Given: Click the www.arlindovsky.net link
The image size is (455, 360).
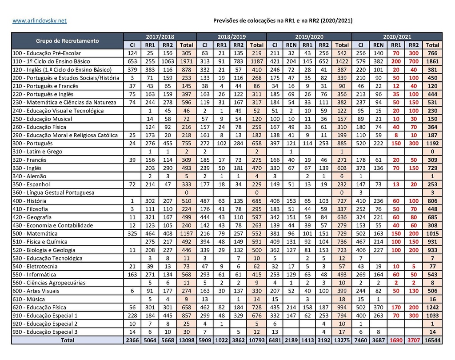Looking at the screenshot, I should coord(40,21).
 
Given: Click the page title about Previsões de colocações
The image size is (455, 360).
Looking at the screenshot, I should coord(283,21).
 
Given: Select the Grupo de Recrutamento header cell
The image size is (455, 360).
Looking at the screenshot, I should coord(68,41).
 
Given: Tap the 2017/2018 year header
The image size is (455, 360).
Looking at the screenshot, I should coord(160,37).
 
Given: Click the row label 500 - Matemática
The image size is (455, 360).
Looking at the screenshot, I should coord(35,234).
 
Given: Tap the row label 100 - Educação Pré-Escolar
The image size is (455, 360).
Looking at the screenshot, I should coord(45,53).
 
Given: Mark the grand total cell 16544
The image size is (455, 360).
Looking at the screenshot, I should coord(432,340).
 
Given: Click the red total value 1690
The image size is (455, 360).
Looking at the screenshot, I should coord(395,340).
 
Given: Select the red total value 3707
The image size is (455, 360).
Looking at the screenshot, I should coord(414,340).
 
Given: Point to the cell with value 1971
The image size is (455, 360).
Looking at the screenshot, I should coord(187,61).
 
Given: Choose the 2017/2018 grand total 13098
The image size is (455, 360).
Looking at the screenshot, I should coord(187,340).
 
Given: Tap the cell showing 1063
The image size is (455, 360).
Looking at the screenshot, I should coord(168,61).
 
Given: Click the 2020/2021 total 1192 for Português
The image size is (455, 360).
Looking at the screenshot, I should coord(432,144).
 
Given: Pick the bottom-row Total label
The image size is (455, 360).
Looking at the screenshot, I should coord(68,340).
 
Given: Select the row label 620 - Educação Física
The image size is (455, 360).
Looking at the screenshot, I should coord(40,308).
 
